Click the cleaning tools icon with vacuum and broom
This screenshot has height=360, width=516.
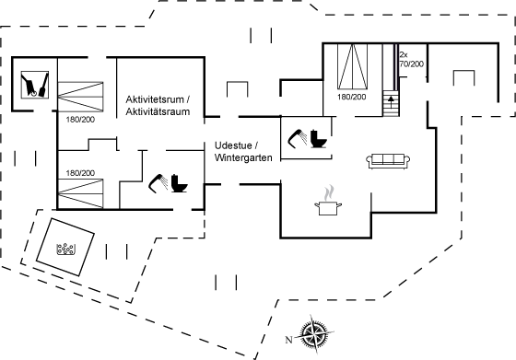35,85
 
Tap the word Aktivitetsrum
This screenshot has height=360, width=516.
155,99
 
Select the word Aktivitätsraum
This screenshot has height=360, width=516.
158,111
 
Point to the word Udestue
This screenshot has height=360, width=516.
233,145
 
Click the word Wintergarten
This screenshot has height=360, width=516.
243,157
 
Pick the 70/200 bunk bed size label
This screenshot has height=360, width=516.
411,64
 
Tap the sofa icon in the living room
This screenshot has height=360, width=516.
388,161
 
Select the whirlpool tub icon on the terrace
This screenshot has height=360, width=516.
66,249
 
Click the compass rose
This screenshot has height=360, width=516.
315,333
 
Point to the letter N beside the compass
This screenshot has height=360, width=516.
288,340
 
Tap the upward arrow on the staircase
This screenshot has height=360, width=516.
391,100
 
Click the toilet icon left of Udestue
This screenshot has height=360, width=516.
179,183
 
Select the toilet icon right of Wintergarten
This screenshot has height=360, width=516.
319,138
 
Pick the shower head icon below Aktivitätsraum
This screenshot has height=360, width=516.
158,183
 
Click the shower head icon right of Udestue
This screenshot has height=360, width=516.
298,138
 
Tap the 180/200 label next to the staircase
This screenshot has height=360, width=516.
351,97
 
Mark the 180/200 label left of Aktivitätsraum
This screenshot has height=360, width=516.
80,120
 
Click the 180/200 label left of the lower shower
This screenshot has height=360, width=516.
80,173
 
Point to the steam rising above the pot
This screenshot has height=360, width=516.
329,193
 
